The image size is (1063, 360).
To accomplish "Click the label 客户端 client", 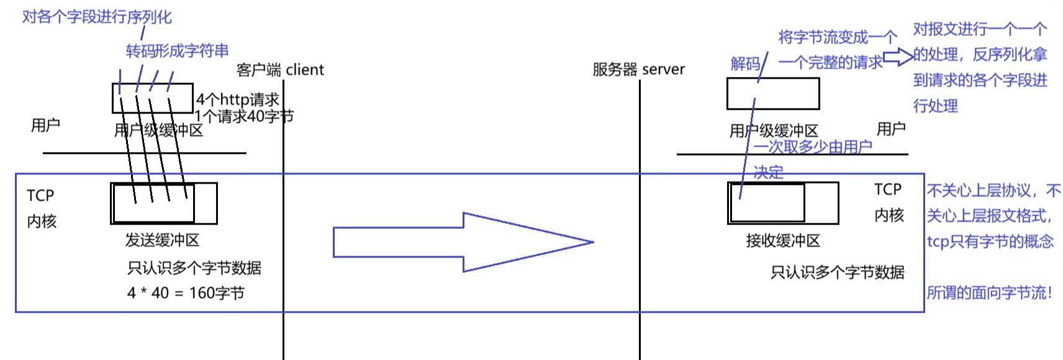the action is click(280, 70).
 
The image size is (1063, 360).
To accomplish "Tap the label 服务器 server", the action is click(638, 69).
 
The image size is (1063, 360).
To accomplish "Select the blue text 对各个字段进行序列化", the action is click(97, 17).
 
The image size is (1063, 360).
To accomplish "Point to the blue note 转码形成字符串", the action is click(177, 50).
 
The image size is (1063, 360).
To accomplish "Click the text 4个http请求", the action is click(238, 99).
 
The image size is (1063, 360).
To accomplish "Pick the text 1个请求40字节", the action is click(244, 116).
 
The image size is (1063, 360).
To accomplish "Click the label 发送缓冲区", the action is click(162, 240).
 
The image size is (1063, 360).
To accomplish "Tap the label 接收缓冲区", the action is click(783, 241).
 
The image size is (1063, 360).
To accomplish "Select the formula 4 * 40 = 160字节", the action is click(186, 293).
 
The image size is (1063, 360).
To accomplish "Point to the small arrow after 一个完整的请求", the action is click(898, 57).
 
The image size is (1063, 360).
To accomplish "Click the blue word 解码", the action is click(745, 63).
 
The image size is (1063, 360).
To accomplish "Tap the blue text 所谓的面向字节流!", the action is click(990, 292).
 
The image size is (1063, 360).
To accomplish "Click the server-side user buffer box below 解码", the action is click(773, 94).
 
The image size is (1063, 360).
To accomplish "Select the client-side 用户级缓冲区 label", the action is click(158, 130).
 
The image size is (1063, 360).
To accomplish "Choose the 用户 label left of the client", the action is click(45, 125).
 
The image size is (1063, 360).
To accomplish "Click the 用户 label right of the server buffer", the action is click(891, 129).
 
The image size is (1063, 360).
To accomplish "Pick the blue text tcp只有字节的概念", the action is click(990, 241).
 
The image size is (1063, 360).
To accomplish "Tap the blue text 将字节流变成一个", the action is click(838, 37).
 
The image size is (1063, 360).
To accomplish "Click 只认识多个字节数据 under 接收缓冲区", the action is click(837, 272).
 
